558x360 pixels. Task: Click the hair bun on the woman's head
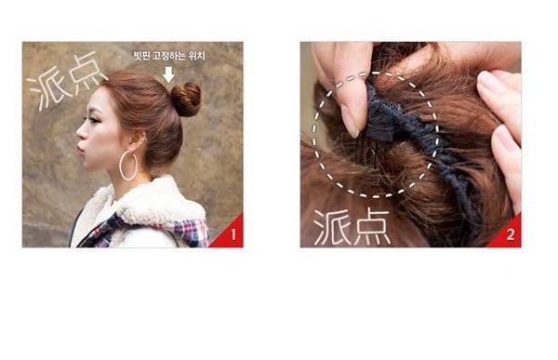(186, 100)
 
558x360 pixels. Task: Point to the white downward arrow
(168, 74)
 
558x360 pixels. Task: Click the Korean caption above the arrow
(169, 56)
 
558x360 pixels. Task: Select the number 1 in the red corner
(233, 234)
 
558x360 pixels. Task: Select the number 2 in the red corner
(511, 234)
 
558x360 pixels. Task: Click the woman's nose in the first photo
(80, 133)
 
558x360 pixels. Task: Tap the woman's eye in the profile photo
(94, 120)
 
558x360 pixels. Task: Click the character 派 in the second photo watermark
(330, 227)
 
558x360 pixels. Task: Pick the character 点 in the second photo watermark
(370, 228)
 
